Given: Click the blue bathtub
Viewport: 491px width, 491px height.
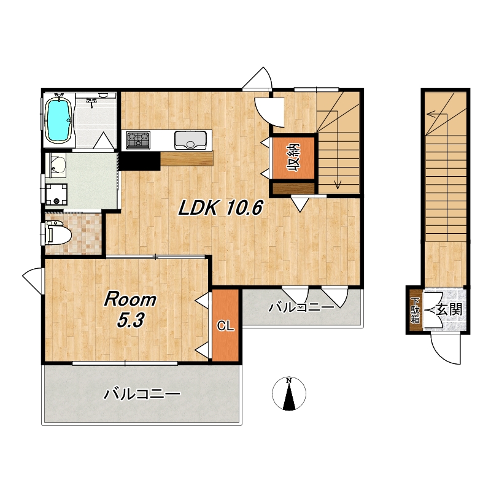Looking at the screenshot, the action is [59, 120].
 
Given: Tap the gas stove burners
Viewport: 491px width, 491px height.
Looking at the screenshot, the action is [137, 140].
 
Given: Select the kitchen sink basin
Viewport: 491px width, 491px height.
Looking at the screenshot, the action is [190, 140].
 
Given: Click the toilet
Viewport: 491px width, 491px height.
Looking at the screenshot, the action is [58, 233].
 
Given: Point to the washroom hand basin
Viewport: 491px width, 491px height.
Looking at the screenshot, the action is [56, 164].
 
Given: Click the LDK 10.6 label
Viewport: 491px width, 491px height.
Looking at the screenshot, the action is [220, 207].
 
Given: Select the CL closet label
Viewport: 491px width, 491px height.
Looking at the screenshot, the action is [225, 327].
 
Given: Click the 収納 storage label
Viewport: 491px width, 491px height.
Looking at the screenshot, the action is [293, 158].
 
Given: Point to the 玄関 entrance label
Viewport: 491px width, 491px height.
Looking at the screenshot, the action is [449, 310].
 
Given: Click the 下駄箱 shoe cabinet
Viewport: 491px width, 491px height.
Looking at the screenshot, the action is [415, 311].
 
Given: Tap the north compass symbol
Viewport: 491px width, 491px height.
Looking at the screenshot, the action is [289, 394].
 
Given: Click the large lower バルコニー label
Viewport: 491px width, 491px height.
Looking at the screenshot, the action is [142, 393].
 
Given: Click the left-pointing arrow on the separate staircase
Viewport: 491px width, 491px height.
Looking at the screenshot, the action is [436, 114].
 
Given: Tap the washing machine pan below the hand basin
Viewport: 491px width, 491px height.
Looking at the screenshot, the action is [56, 194].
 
